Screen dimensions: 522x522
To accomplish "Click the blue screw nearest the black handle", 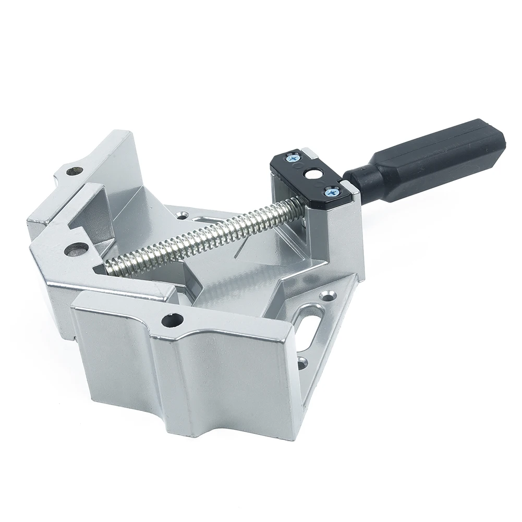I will tap(331, 192).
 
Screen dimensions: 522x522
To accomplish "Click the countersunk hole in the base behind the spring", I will tap(184, 214).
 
